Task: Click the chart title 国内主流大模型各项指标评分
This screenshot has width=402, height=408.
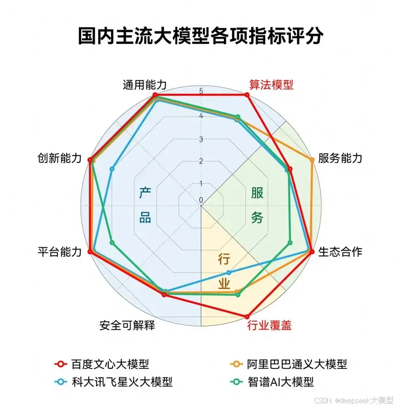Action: (201, 36)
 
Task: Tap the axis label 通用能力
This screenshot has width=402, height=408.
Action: (144, 85)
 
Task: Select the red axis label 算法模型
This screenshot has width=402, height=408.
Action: (271, 85)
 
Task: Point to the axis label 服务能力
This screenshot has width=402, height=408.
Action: (340, 159)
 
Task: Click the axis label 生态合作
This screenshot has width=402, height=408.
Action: (340, 252)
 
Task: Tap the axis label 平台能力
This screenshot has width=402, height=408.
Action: (60, 252)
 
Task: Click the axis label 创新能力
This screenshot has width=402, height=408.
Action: (60, 159)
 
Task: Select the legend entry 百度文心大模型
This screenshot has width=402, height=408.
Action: (110, 364)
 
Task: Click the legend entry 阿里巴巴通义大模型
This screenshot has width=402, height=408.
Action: (297, 364)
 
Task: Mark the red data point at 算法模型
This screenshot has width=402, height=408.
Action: (247, 95)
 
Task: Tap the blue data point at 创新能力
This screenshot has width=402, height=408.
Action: (112, 169)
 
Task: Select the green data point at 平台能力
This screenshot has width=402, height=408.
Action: (112, 243)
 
